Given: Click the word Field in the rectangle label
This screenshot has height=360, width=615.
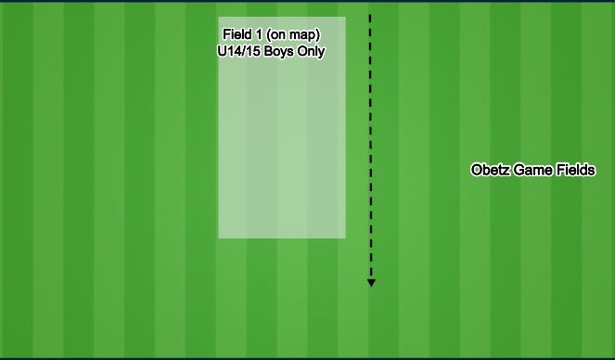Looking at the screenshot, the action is [x=236, y=35].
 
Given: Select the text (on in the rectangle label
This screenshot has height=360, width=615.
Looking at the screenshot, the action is [x=277, y=35].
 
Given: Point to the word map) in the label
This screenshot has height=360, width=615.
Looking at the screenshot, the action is [x=305, y=35].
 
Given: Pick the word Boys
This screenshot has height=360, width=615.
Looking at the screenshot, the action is [x=279, y=52].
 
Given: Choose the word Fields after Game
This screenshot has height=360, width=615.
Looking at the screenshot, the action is [x=575, y=171].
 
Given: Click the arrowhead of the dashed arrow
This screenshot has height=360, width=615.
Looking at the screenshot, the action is [x=371, y=283].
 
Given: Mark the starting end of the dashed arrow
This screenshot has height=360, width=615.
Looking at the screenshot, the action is [x=371, y=16].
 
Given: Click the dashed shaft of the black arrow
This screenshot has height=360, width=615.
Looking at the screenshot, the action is [x=371, y=148].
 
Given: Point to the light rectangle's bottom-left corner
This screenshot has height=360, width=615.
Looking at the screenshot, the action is [x=219, y=238].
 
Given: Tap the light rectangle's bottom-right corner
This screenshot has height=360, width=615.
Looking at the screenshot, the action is [x=345, y=238].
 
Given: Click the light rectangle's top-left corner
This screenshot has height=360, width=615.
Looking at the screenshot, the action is [x=219, y=18].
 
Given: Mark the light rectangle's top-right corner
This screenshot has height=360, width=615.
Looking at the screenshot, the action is [x=345, y=18].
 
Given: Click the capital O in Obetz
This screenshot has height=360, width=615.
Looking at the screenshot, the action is [x=477, y=171].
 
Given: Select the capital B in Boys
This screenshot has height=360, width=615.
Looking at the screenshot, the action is [x=268, y=52].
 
